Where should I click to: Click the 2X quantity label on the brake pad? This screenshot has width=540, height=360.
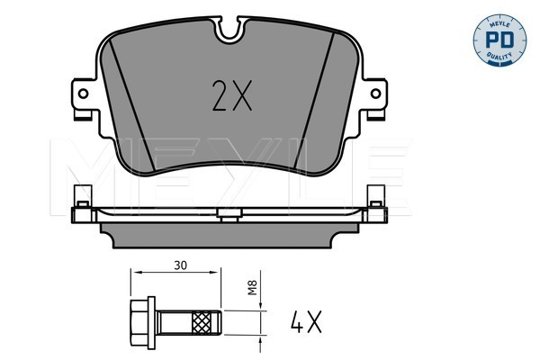pyautogui.click(x=232, y=95)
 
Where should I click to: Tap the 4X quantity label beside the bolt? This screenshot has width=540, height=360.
pyautogui.click(x=306, y=322)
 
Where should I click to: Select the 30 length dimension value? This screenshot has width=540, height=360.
pyautogui.click(x=181, y=265)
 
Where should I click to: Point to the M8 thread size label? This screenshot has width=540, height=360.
pyautogui.click(x=253, y=288)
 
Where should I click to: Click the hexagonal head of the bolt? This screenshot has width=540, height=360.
pyautogui.click(x=139, y=322)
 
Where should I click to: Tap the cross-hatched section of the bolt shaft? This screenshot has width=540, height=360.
pyautogui.click(x=202, y=322)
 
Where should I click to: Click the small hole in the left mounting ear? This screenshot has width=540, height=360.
pyautogui.click(x=84, y=94)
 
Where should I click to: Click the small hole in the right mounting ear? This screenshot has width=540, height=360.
pyautogui.click(x=375, y=94)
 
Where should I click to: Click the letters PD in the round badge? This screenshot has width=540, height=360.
pyautogui.click(x=499, y=40)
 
